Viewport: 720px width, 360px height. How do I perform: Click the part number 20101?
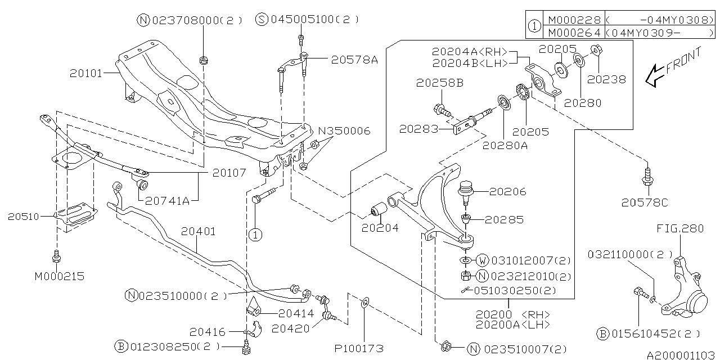click(x=85, y=73)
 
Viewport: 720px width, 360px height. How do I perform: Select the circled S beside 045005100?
click(x=262, y=19)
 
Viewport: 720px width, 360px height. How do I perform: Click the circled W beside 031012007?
click(x=483, y=260)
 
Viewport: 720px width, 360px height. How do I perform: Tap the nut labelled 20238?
click(x=598, y=51)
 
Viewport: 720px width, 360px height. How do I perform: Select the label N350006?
click(x=344, y=130)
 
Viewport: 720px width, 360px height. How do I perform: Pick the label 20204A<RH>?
click(x=470, y=51)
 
